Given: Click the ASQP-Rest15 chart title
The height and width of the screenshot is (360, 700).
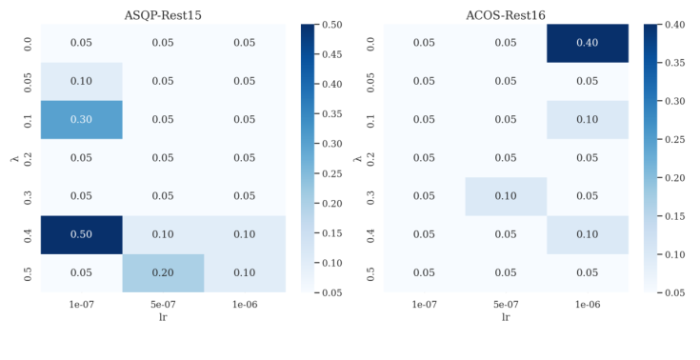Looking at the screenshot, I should pyautogui.click(x=163, y=12).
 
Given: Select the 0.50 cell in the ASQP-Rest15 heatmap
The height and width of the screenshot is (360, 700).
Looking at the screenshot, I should pyautogui.click(x=81, y=234).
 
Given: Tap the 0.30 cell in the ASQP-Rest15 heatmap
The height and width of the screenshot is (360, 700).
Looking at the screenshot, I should pyautogui.click(x=81, y=120).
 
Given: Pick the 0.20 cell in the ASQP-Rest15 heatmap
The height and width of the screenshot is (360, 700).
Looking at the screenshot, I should pyautogui.click(x=163, y=272).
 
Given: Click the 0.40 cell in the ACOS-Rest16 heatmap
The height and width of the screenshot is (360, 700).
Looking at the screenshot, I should pyautogui.click(x=589, y=44).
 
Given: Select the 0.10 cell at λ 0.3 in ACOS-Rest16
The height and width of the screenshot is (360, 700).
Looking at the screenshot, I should pyautogui.click(x=507, y=196).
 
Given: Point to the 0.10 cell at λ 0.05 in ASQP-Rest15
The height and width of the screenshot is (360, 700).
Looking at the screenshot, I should pyautogui.click(x=81, y=82).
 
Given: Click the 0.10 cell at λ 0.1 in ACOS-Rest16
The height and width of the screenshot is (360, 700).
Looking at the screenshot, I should pyautogui.click(x=589, y=120).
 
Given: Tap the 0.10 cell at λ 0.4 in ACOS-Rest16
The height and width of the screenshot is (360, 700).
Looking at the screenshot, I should pyautogui.click(x=589, y=234).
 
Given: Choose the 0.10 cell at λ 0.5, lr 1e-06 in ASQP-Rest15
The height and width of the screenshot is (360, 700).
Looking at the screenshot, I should pyautogui.click(x=245, y=272).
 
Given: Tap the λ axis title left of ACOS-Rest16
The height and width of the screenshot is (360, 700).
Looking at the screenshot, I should pyautogui.click(x=356, y=158).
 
